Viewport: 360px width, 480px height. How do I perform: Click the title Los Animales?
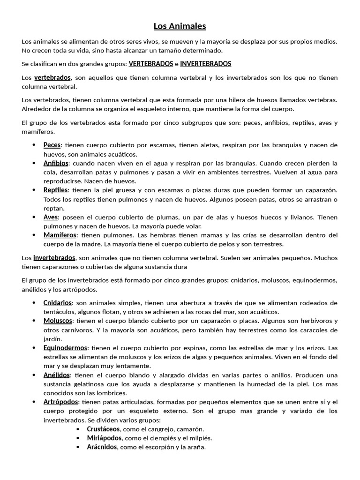(x=180, y=26)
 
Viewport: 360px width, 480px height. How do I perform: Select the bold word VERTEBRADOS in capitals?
(x=151, y=64)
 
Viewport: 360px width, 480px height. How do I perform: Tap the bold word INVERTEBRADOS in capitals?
(x=205, y=64)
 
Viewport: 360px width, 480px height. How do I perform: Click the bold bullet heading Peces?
(x=52, y=145)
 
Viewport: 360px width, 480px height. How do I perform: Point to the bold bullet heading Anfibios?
(x=56, y=163)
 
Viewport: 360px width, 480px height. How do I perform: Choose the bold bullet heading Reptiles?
(x=56, y=190)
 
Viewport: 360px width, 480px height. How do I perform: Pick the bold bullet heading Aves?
(x=51, y=217)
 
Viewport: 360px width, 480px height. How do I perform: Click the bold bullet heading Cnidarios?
(x=58, y=303)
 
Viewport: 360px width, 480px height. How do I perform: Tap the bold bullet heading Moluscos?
(x=58, y=321)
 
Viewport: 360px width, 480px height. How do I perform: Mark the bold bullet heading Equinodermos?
(x=65, y=348)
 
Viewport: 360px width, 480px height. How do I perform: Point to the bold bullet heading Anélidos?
(x=57, y=375)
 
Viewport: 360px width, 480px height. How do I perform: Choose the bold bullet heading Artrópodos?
(x=61, y=402)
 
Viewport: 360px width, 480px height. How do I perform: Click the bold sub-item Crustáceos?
(x=104, y=429)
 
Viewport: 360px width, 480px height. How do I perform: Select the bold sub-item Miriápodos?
(x=105, y=438)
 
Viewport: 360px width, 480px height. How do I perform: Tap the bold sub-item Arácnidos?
(x=102, y=447)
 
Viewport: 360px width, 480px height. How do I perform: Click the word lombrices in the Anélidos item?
(x=112, y=393)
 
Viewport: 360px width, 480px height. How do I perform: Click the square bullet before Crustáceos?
(x=78, y=429)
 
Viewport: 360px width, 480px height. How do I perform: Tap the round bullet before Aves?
(x=34, y=217)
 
